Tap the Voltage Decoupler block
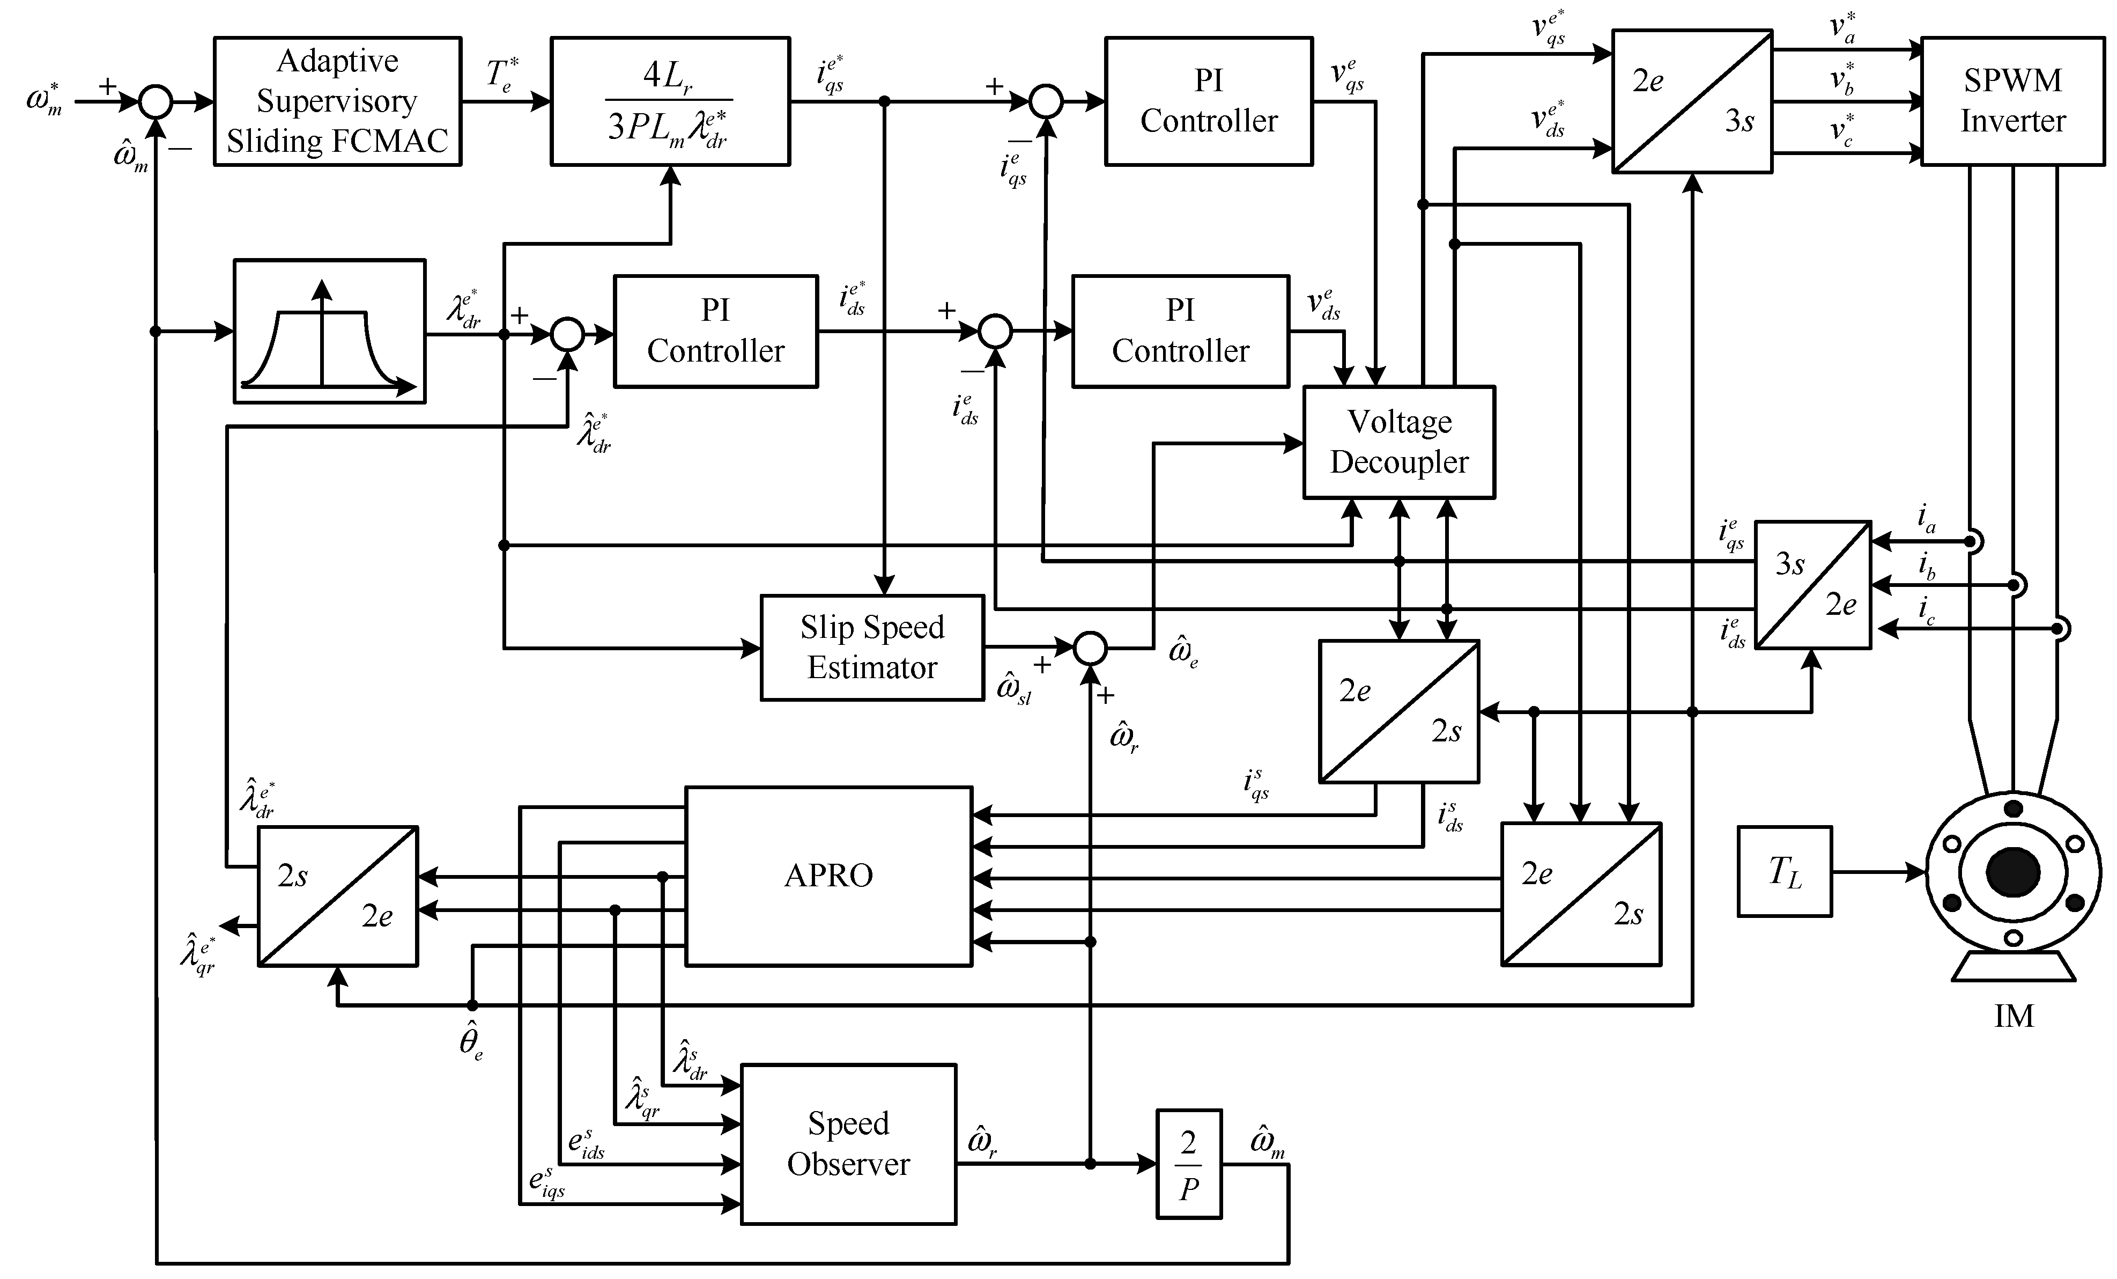(1398, 442)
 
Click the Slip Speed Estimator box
(871, 647)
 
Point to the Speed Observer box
(848, 1144)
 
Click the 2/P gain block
(1188, 1165)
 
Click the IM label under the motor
(2013, 1017)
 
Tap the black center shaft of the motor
(2012, 872)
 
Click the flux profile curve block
(329, 331)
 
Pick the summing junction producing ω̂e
(1090, 648)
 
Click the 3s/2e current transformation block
(1812, 584)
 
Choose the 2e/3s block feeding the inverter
(1691, 101)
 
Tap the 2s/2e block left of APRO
(338, 895)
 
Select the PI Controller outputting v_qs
(1208, 101)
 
